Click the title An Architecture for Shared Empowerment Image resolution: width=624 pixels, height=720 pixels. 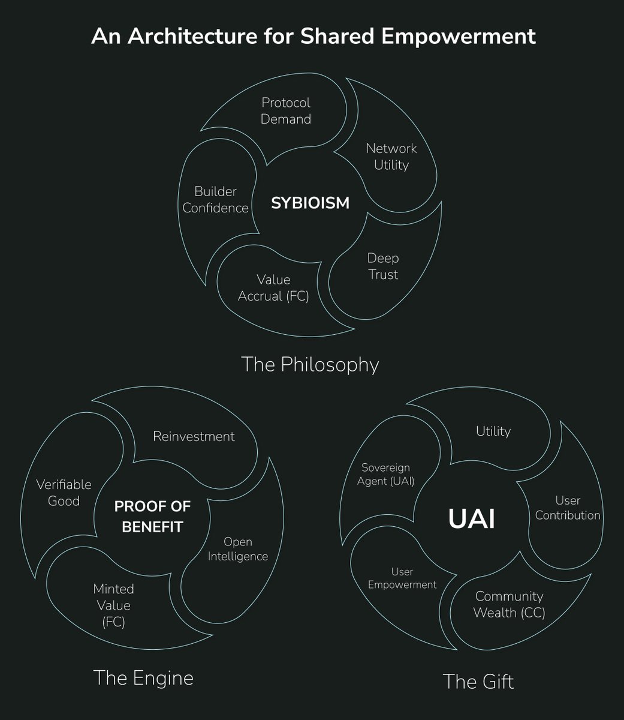(313, 36)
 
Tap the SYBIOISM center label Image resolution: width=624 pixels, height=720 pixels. (310, 203)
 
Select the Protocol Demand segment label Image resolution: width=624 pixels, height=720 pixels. (286, 111)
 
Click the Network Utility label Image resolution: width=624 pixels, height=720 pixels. (391, 156)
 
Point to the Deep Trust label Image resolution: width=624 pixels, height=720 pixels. (383, 266)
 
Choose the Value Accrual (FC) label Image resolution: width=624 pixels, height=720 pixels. (273, 287)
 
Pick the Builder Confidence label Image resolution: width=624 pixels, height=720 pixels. (216, 200)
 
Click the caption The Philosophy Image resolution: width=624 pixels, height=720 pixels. (310, 364)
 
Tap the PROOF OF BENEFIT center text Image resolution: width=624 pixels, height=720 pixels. (152, 517)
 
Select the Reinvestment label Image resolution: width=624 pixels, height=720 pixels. (194, 436)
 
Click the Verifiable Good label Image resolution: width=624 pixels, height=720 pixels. (64, 492)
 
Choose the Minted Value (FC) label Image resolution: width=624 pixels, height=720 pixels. (113, 605)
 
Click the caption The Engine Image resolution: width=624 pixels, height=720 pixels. (143, 678)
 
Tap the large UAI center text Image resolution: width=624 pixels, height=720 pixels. (472, 520)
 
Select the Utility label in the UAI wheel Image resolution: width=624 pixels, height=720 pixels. (493, 431)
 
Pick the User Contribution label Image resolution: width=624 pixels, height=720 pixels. (568, 508)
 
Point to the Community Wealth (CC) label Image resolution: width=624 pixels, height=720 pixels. (509, 604)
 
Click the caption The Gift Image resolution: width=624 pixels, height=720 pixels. (478, 682)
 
